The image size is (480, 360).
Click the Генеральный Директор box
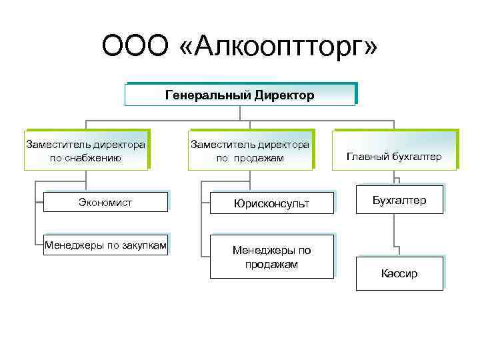click(x=239, y=95)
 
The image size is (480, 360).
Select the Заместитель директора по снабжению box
click(x=85, y=151)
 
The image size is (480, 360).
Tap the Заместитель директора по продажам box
click(x=250, y=151)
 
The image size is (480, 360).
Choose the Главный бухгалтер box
click(x=394, y=157)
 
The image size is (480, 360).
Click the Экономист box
click(x=105, y=202)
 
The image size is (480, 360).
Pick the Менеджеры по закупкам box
click(x=105, y=245)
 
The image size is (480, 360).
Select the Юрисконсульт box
click(x=271, y=203)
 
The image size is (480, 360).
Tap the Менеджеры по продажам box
click(x=271, y=257)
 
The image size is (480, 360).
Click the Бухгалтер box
click(x=399, y=200)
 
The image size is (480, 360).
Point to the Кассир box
click(x=399, y=273)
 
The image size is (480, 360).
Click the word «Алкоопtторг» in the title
click(x=276, y=48)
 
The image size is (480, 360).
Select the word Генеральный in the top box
click(x=207, y=95)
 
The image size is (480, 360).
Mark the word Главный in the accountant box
click(x=367, y=157)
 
